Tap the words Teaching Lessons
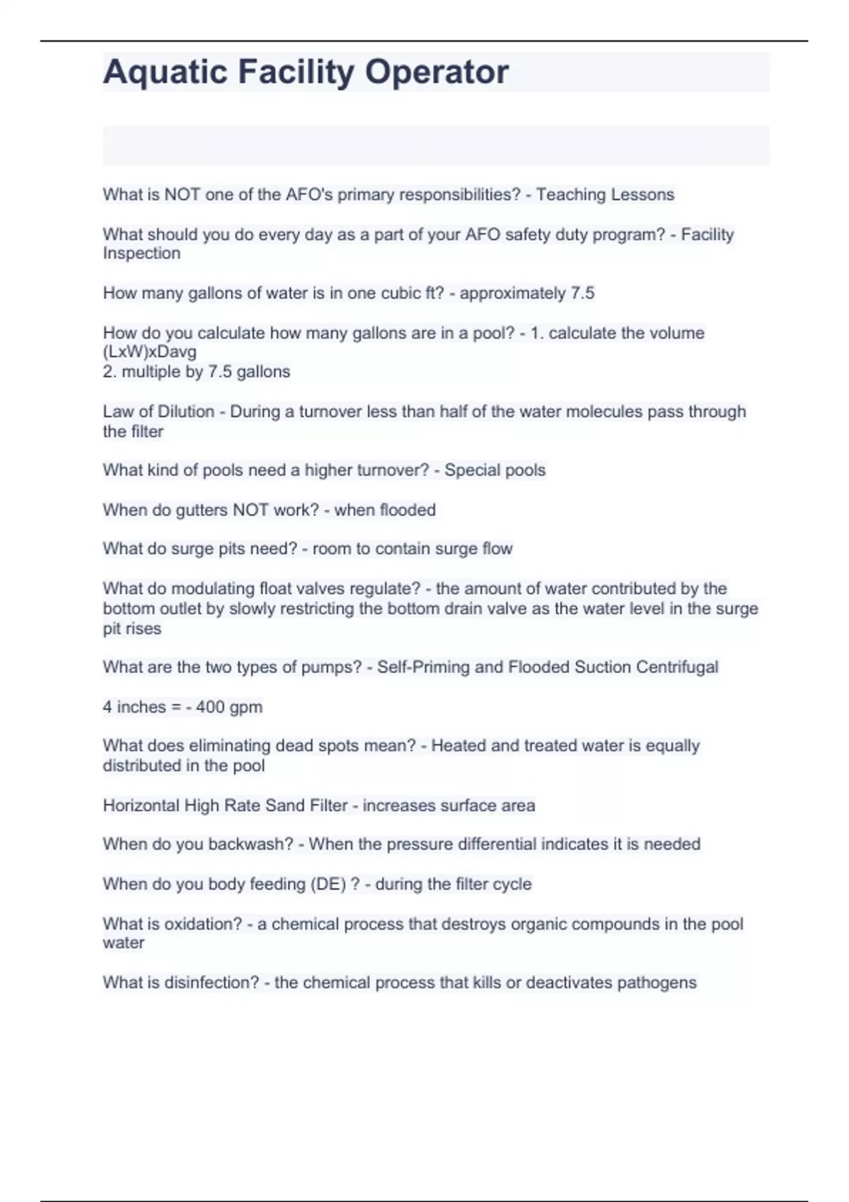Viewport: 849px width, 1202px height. coord(605,194)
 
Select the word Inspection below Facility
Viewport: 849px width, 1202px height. coord(141,253)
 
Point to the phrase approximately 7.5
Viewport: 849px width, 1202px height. coord(527,293)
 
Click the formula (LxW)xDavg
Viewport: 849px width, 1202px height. coord(150,351)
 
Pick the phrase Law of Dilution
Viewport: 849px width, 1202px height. coord(158,412)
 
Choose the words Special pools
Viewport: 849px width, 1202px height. coord(495,470)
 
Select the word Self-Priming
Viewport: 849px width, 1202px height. coord(423,667)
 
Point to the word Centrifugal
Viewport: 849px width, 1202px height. coord(677,667)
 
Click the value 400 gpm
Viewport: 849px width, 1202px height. coord(229,707)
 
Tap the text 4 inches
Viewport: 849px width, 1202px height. coord(134,707)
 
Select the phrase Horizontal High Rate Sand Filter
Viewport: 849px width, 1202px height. coord(225,805)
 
